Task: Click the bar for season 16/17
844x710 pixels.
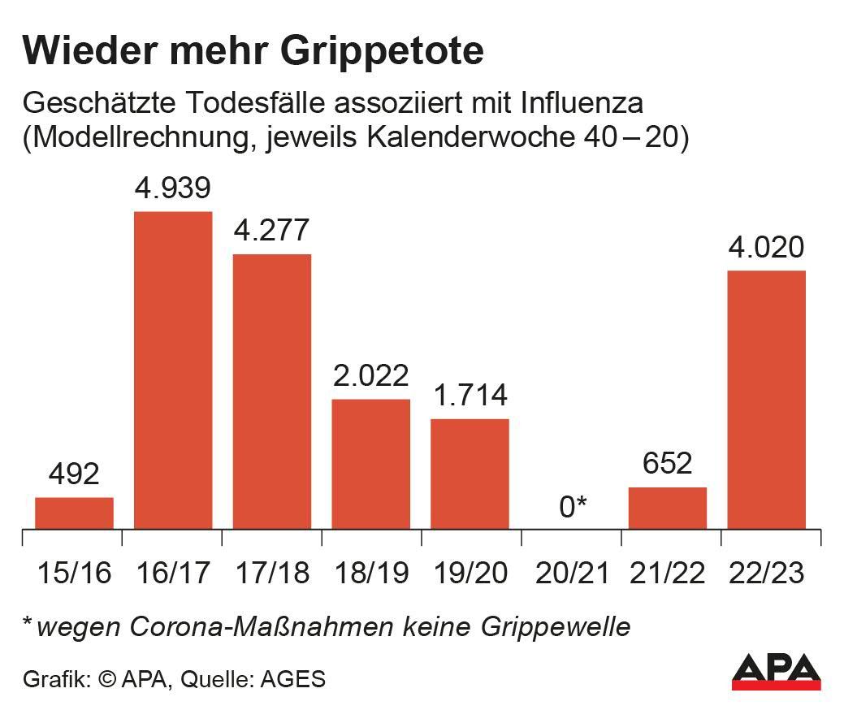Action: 172,370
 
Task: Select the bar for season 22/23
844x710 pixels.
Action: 766,399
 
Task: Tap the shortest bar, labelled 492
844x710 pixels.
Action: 74,513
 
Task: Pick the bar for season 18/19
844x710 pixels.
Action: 370,463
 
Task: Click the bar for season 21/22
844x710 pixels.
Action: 668,508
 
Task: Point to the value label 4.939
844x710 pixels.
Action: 172,188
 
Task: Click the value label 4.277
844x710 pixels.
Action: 271,231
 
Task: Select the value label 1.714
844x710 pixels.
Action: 470,396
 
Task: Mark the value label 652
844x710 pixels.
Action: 668,464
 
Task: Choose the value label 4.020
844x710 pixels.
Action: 766,247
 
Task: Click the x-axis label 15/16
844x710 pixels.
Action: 73,574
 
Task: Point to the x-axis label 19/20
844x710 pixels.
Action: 470,574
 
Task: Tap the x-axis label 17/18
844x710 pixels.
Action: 271,574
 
